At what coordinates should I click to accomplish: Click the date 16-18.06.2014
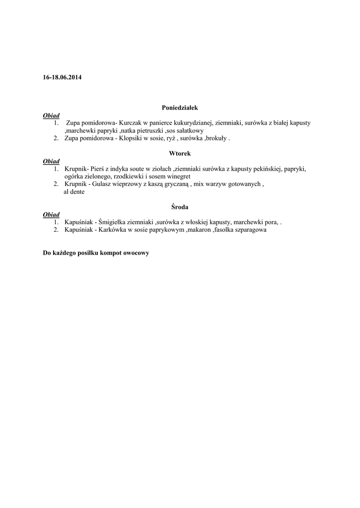point(63,77)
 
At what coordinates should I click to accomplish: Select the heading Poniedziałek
point(180,107)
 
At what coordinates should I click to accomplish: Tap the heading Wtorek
point(180,154)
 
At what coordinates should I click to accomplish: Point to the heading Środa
point(180,207)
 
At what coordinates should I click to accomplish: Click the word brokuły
point(216,138)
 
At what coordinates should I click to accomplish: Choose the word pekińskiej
point(268,169)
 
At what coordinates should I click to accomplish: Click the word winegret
point(178,177)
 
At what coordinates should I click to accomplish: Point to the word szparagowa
point(250,230)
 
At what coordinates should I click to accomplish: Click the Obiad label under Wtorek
point(51,162)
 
